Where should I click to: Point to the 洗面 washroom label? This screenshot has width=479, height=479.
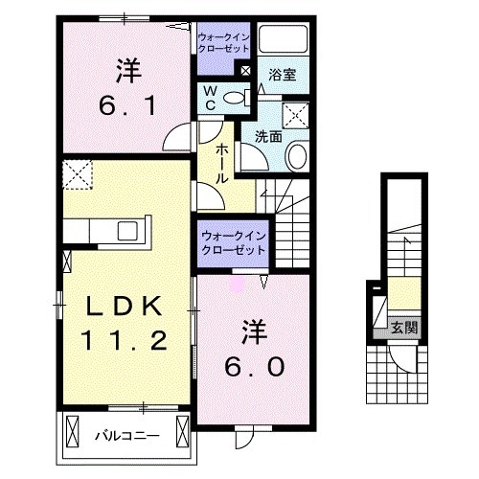coord(268,136)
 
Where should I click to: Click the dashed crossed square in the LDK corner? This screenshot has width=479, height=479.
coord(76,175)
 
